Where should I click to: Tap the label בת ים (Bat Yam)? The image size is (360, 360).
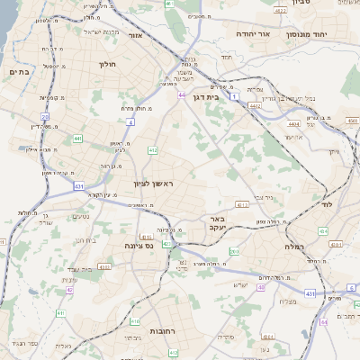[x=20, y=71]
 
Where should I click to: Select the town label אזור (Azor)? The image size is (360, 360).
[x=137, y=35]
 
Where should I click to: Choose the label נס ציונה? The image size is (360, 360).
[x=139, y=244]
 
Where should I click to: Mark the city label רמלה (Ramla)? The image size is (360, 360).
[x=295, y=246]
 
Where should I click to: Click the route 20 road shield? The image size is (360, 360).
[x=45, y=117]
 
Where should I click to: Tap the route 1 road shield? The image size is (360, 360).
[x=233, y=95]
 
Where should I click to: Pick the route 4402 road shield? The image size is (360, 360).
[x=255, y=105]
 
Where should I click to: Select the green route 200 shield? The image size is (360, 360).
[x=234, y=251]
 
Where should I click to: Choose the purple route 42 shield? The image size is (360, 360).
[x=69, y=290]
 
